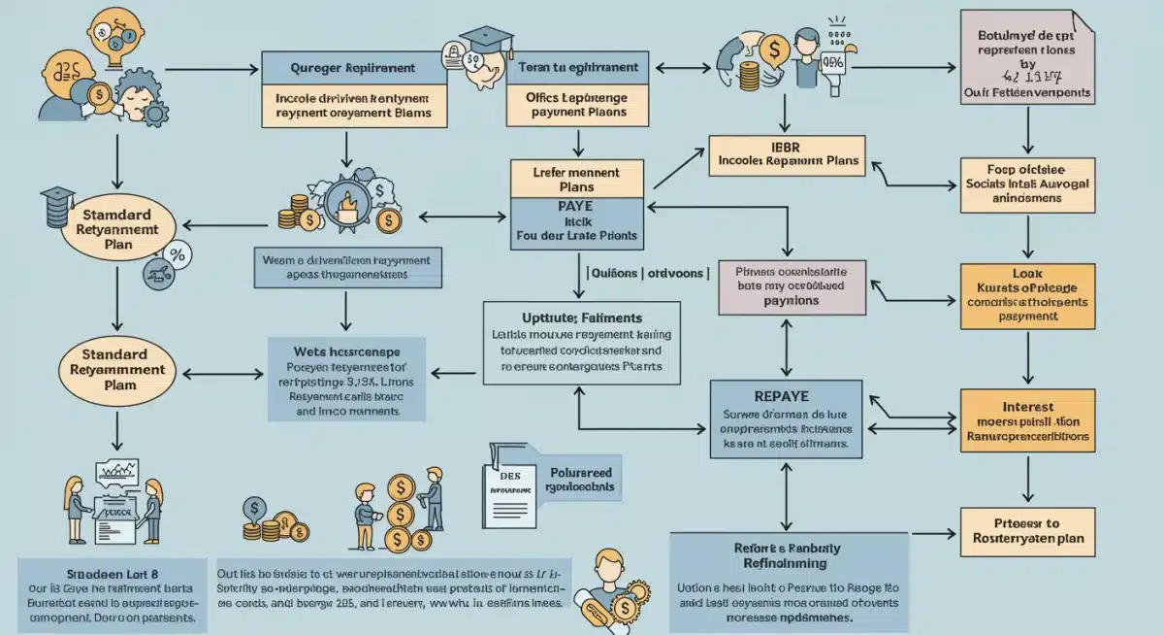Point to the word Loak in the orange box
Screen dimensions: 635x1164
coord(1026,273)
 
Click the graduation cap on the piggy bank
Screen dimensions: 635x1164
coord(485,42)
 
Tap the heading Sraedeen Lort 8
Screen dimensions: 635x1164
coord(106,572)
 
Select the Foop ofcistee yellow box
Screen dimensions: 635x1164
coord(1026,184)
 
